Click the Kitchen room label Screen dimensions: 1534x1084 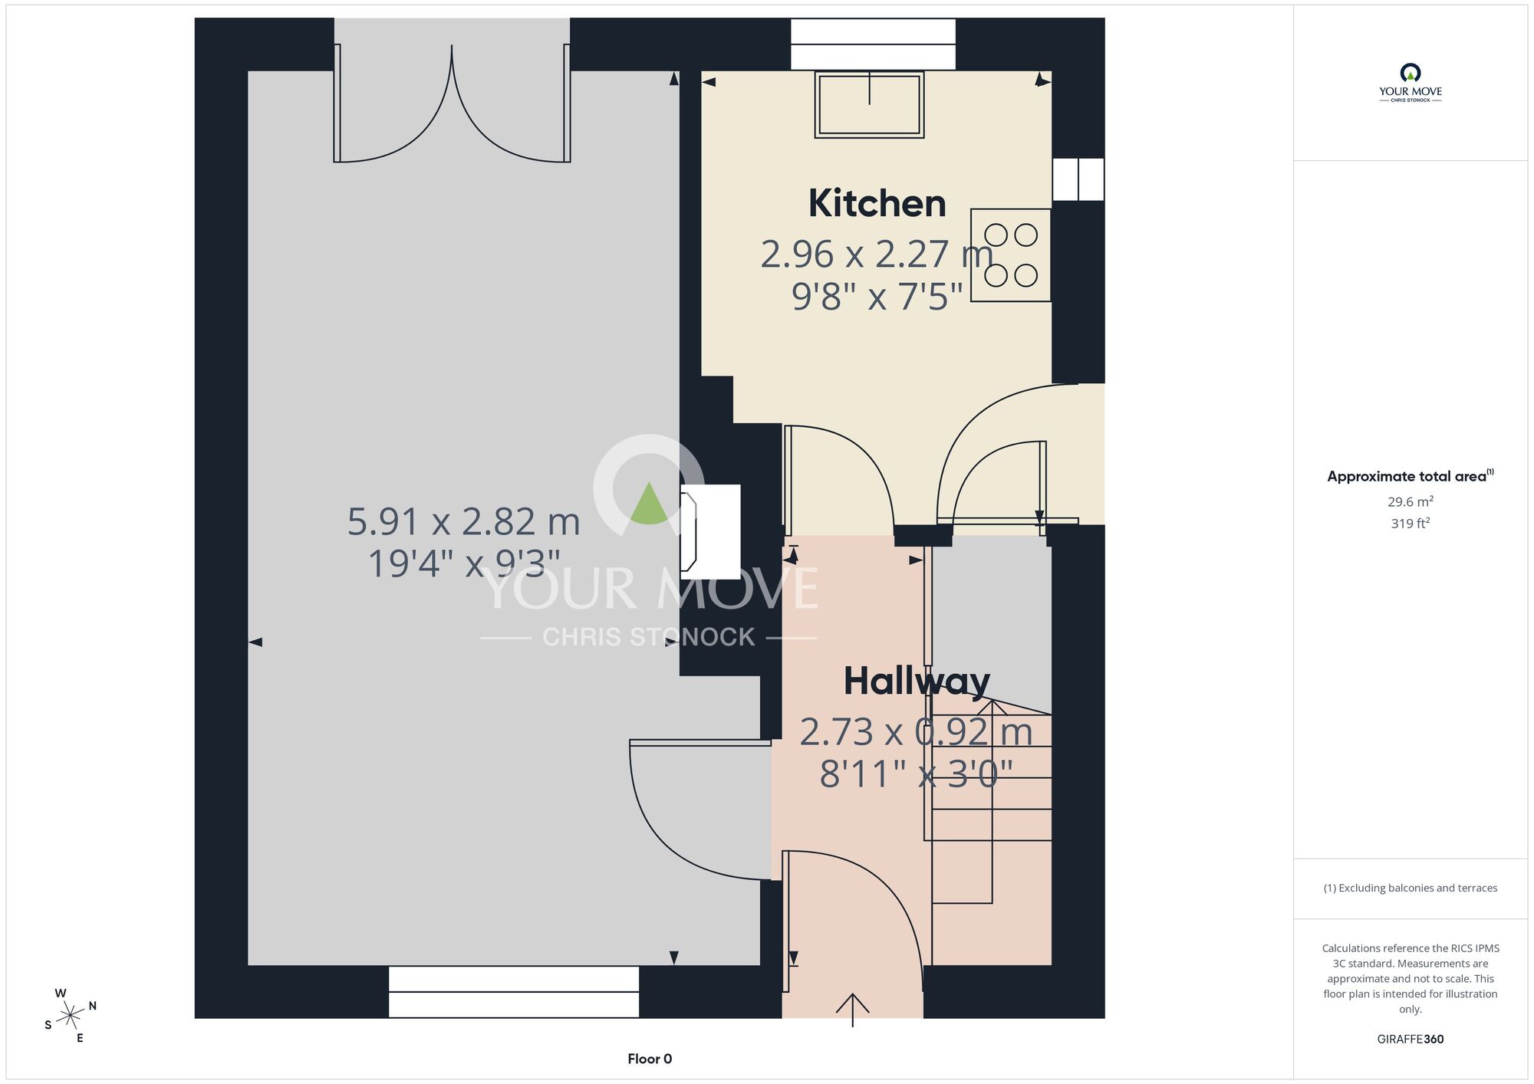(877, 203)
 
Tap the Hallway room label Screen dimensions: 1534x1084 (917, 682)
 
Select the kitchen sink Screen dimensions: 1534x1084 (869, 104)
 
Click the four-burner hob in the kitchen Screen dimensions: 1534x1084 (1011, 255)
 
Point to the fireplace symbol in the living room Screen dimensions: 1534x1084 (709, 532)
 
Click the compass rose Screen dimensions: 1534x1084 (71, 1017)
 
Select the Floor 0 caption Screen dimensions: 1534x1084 (650, 1059)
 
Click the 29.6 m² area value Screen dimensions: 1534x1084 (1411, 501)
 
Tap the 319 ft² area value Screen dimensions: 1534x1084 (1411, 523)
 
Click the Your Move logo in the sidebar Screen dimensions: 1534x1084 (1411, 83)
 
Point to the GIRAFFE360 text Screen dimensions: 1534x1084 (1411, 1039)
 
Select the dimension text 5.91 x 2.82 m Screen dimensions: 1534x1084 (463, 521)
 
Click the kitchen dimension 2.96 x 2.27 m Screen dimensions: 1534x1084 (877, 254)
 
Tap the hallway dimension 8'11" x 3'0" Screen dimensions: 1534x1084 (917, 774)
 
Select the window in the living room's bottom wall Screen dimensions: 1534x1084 (514, 991)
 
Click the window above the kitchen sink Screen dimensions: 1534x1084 (873, 44)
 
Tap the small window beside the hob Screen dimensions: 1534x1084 (1078, 179)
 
